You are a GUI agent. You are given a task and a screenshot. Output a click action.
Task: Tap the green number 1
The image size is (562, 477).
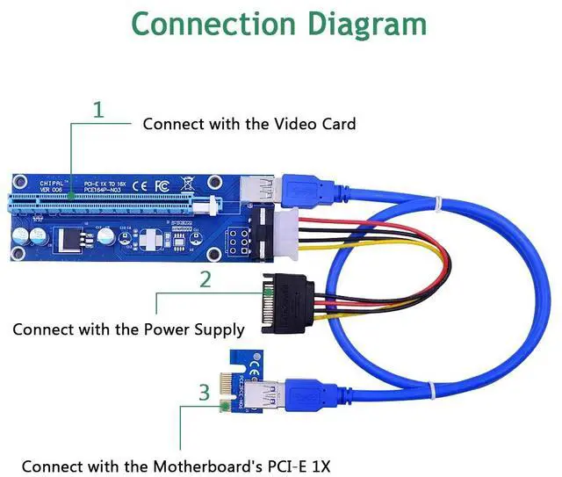tap(98, 111)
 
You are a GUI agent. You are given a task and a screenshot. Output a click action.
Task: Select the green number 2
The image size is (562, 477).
tap(205, 280)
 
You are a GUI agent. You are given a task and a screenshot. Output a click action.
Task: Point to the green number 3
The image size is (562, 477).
tap(204, 392)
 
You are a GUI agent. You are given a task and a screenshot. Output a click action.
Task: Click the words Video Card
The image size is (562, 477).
tap(312, 124)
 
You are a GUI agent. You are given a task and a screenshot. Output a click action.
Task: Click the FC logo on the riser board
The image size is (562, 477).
tap(162, 185)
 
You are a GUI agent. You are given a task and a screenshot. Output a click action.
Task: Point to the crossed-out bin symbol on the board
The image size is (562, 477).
tap(187, 184)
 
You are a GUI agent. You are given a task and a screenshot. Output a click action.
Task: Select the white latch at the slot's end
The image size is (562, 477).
tap(210, 206)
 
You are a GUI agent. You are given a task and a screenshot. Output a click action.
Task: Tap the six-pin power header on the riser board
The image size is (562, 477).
tap(237, 240)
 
